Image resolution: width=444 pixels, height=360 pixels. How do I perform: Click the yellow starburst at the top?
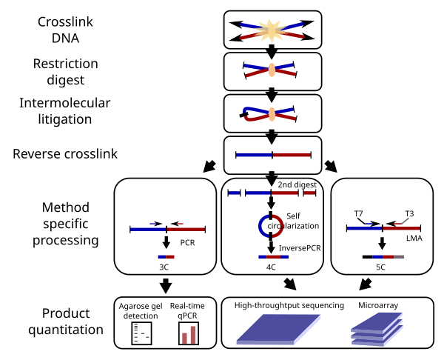pyautogui.click(x=271, y=30)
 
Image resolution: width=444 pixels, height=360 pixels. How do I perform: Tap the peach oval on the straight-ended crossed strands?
pyautogui.click(x=272, y=70)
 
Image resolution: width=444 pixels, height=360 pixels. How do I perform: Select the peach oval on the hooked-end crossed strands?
pyautogui.click(x=272, y=114)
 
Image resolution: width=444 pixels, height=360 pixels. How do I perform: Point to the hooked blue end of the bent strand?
pyautogui.click(x=246, y=110)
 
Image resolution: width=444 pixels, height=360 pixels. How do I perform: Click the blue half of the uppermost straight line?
pyautogui.click(x=255, y=155)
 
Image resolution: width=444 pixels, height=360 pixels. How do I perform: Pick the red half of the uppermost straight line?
pyautogui.click(x=292, y=155)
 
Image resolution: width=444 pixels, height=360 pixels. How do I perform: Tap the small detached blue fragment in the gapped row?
pyautogui.click(x=234, y=193)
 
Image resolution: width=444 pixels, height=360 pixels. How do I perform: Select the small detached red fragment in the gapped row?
pyautogui.click(x=309, y=193)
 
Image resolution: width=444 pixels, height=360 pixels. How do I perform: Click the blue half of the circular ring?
pyautogui.click(x=262, y=226)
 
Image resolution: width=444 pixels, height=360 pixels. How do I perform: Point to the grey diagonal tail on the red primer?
pyautogui.click(x=405, y=220)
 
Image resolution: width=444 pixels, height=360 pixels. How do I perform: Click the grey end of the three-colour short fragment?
pyautogui.click(x=399, y=257)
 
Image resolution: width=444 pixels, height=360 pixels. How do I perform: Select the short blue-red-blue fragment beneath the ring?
pyautogui.click(x=273, y=257)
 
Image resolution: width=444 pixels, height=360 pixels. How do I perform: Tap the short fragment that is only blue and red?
pyautogui.click(x=166, y=257)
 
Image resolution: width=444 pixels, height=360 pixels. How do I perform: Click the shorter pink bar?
pyautogui.click(x=185, y=338)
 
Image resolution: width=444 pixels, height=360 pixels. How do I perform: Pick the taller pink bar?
pyautogui.click(x=193, y=335)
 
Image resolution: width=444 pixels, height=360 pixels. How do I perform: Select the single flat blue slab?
pyautogui.click(x=279, y=328)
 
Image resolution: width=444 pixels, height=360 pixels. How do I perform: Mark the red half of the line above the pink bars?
pyautogui.click(x=186, y=230)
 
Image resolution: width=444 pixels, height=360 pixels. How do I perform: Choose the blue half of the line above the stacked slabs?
pyautogui.click(x=365, y=228)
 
